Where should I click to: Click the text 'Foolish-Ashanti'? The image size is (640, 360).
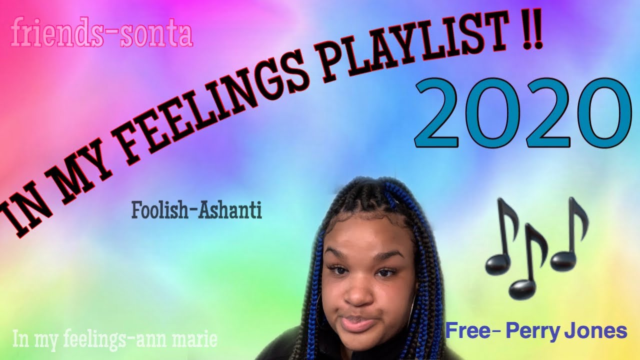(196, 210)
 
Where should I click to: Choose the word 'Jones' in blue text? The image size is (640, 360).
(602, 330)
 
